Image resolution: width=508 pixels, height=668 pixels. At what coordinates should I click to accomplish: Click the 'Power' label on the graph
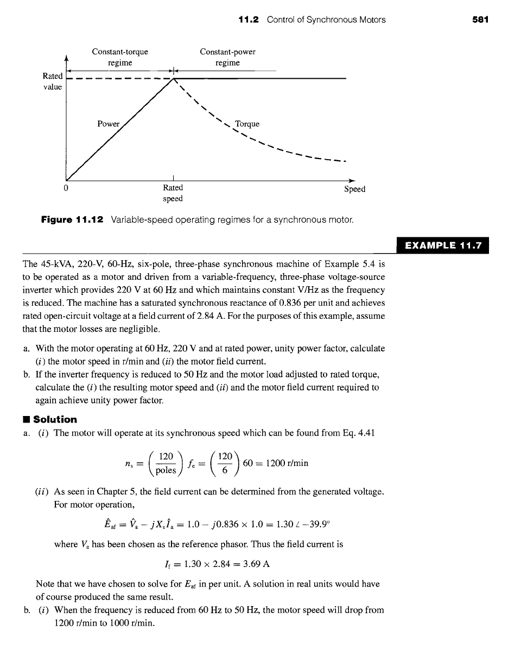pos(108,124)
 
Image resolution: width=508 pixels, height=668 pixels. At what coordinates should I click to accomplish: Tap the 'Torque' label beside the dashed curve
pos(247,124)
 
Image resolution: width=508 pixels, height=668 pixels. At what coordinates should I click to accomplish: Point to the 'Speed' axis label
pos(355,189)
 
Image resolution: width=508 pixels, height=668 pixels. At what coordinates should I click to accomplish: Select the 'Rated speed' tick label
pos(173,193)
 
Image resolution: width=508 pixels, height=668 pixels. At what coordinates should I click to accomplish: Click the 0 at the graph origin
pos(66,188)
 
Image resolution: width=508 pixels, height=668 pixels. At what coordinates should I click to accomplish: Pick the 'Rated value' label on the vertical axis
pos(53,81)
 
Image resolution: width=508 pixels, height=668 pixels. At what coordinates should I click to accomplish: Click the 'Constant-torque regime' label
pos(120,58)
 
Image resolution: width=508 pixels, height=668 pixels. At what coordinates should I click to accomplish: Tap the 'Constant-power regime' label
pos(227,58)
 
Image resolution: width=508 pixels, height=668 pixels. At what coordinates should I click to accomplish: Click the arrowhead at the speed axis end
pos(352,180)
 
